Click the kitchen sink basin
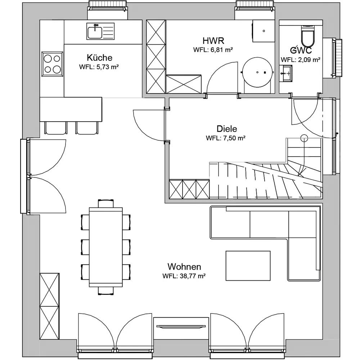click(x=95, y=32)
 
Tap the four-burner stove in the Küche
click(x=52, y=64)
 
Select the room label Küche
click(x=100, y=57)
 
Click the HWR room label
click(x=213, y=41)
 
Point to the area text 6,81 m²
click(x=222, y=50)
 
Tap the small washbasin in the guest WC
click(x=286, y=73)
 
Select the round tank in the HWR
click(x=257, y=72)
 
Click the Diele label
click(x=227, y=129)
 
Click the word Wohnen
click(x=184, y=266)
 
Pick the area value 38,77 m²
click(x=193, y=276)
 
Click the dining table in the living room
click(x=106, y=247)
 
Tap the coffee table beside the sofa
click(x=248, y=266)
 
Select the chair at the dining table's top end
click(x=106, y=204)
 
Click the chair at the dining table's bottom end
click(x=106, y=291)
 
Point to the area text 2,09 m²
click(x=309, y=60)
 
